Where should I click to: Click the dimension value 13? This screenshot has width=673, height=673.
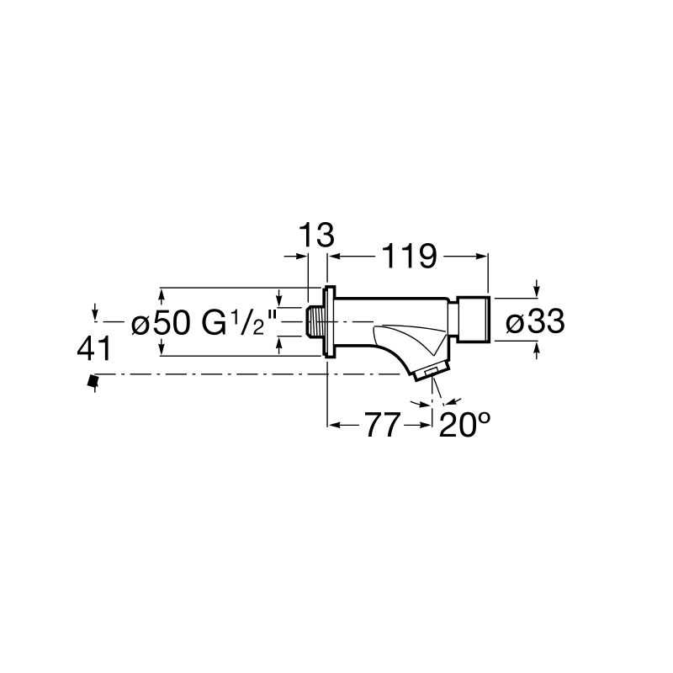click(x=316, y=236)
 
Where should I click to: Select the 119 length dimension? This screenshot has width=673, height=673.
click(x=409, y=257)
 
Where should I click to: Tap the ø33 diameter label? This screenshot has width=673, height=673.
click(x=535, y=322)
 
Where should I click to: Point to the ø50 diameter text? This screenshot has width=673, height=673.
click(x=161, y=323)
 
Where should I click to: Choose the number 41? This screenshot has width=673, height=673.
click(x=94, y=349)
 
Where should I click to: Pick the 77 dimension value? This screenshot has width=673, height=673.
click(x=383, y=425)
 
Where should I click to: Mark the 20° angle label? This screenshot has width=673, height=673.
click(x=464, y=425)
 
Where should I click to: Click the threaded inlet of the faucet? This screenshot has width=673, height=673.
click(x=315, y=322)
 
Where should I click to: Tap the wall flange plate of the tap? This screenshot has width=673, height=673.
click(x=330, y=321)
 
